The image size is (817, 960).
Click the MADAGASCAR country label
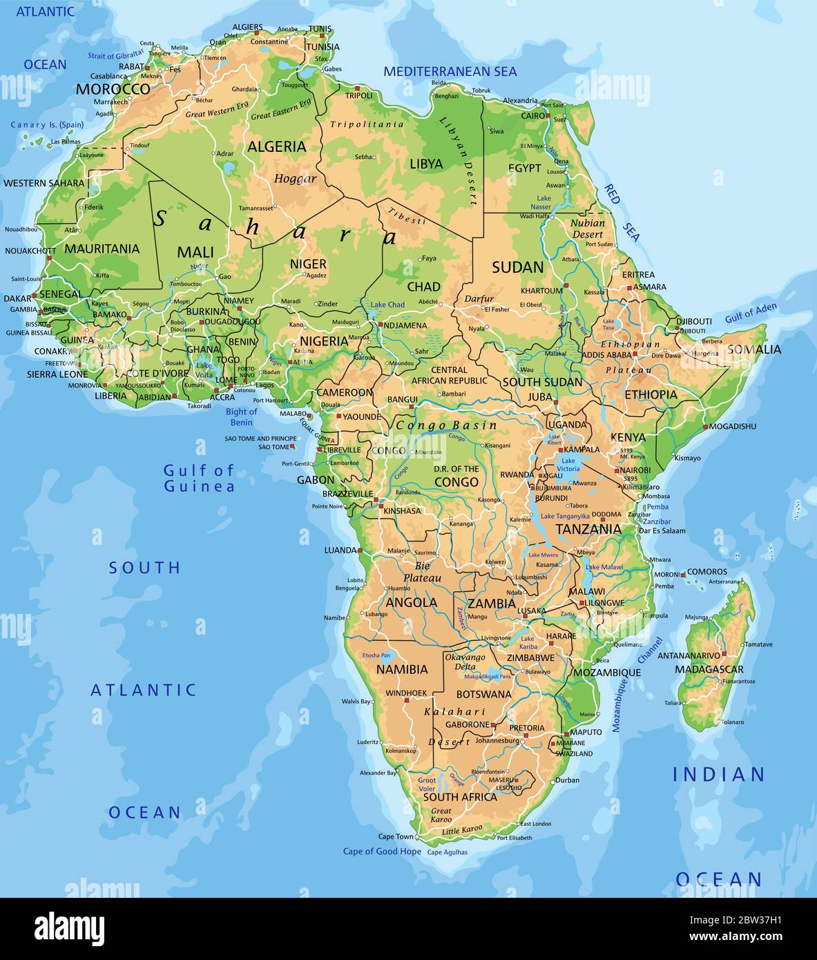pyautogui.click(x=709, y=669)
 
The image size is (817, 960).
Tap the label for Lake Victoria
pyautogui.click(x=568, y=465)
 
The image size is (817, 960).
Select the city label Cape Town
pyautogui.click(x=395, y=837)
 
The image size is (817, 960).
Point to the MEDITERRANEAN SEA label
pyautogui.click(x=450, y=71)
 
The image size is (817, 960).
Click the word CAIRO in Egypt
pyautogui.click(x=533, y=115)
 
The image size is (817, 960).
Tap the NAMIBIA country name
pyautogui.click(x=402, y=669)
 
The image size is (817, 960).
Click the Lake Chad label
pyautogui.click(x=387, y=305)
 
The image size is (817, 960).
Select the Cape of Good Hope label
pyautogui.click(x=382, y=852)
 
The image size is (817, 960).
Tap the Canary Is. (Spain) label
pyautogui.click(x=47, y=125)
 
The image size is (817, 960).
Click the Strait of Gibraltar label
pyautogui.click(x=116, y=54)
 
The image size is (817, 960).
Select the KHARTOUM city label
pyautogui.click(x=541, y=291)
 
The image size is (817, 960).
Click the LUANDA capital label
pyautogui.click(x=340, y=550)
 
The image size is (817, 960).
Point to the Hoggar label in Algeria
pyautogui.click(x=295, y=179)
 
